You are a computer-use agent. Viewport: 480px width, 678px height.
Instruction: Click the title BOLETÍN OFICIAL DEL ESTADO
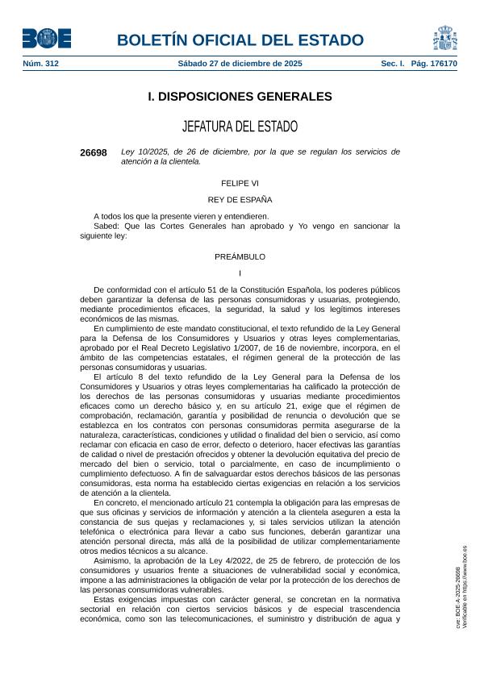[240, 40]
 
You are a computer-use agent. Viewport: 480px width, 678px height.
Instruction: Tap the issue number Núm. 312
[40, 64]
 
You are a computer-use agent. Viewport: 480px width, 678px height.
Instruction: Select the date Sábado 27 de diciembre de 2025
[240, 64]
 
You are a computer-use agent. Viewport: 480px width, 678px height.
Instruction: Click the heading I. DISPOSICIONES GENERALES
[240, 97]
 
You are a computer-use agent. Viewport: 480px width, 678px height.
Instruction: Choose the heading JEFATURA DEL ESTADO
[240, 127]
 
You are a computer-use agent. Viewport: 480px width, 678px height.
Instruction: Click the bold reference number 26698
[94, 152]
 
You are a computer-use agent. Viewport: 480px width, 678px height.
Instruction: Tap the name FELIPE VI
[240, 183]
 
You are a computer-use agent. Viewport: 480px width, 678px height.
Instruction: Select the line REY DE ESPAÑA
[240, 199]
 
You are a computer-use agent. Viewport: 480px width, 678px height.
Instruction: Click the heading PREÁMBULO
[240, 256]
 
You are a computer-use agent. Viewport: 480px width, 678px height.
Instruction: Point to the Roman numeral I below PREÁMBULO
[240, 272]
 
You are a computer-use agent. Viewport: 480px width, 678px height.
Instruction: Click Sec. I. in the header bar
[393, 64]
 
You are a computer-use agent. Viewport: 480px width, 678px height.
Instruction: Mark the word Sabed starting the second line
[106, 227]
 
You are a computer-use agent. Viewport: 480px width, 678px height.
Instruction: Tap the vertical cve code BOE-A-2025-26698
[458, 597]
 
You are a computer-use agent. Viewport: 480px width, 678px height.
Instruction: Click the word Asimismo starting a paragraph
[111, 559]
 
